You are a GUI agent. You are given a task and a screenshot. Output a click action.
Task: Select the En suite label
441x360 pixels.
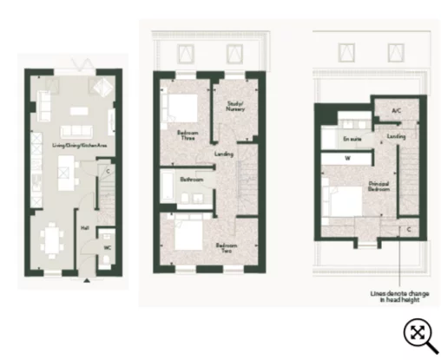[x=352, y=139]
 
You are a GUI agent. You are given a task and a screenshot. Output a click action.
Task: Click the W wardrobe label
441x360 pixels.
[x=347, y=159]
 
